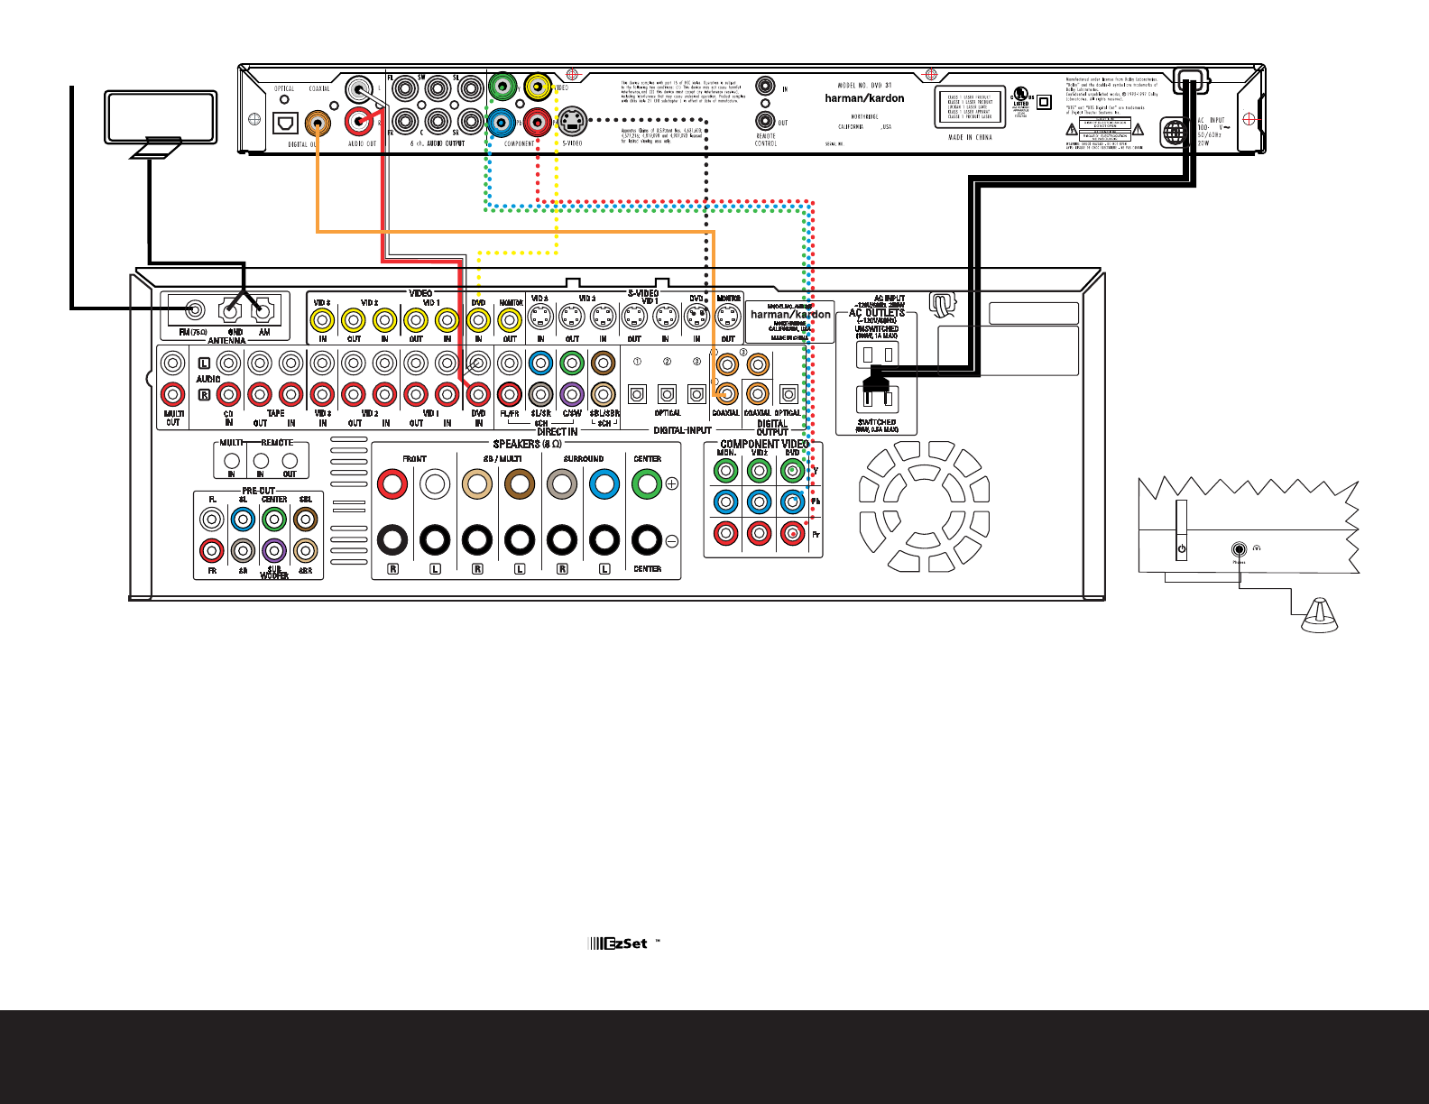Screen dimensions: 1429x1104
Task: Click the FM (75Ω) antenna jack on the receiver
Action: pyautogui.click(x=194, y=311)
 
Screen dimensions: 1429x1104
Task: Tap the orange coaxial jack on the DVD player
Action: pyautogui.click(x=317, y=122)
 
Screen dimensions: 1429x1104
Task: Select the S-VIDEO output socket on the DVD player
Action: pyautogui.click(x=572, y=120)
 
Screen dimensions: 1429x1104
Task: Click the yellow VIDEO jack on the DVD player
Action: pyautogui.click(x=538, y=87)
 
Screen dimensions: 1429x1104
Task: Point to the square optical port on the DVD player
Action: pyautogui.click(x=285, y=122)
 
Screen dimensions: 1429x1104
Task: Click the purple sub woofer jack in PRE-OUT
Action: pyautogui.click(x=274, y=550)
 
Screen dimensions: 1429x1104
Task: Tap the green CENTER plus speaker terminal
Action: pyautogui.click(x=647, y=484)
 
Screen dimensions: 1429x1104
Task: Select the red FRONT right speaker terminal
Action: pyautogui.click(x=392, y=484)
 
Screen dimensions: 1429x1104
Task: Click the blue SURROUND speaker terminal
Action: pyautogui.click(x=604, y=484)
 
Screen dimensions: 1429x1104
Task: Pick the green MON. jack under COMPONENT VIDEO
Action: pyautogui.click(x=726, y=470)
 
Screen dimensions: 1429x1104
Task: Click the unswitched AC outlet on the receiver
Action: pyautogui.click(x=877, y=354)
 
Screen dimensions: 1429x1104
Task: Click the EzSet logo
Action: pyautogui.click(x=619, y=943)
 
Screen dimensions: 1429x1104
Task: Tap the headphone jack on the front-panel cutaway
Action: pyautogui.click(x=1240, y=548)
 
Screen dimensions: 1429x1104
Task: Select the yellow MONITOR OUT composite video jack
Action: pyautogui.click(x=510, y=320)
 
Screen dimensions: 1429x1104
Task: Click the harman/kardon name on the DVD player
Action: pyautogui.click(x=864, y=98)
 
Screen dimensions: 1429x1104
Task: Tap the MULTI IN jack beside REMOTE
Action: pyautogui.click(x=232, y=461)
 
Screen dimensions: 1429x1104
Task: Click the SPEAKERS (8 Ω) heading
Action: pyautogui.click(x=527, y=444)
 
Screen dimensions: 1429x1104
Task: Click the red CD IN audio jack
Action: pyautogui.click(x=228, y=394)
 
